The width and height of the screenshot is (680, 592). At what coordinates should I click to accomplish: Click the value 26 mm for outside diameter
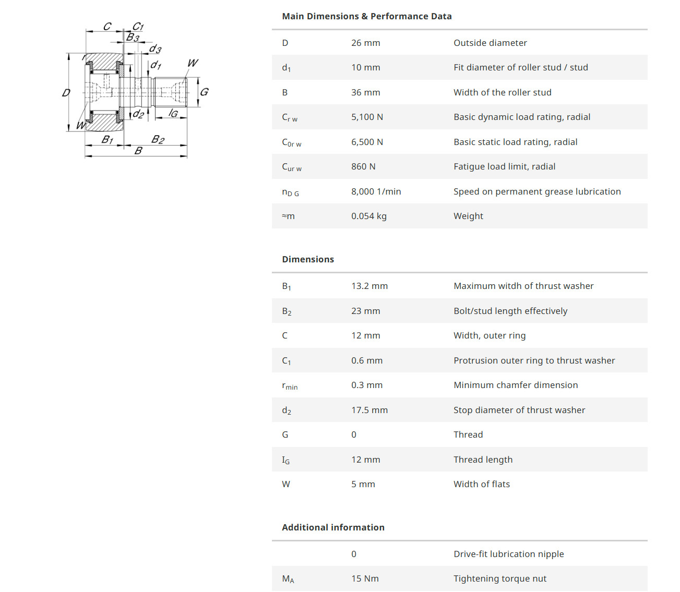(x=365, y=43)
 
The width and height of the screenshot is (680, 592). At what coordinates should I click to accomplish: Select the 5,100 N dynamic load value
(x=367, y=117)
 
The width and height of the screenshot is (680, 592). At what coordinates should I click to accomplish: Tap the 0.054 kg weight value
(x=368, y=216)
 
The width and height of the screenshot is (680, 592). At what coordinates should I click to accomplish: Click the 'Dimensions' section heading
(x=308, y=259)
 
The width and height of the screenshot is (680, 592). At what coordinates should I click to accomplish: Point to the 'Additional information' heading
(x=333, y=527)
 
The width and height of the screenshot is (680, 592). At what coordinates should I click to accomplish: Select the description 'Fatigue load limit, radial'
(x=504, y=166)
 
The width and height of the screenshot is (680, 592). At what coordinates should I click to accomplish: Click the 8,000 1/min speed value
(x=376, y=191)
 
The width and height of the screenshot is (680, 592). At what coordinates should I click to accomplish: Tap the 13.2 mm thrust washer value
(x=369, y=286)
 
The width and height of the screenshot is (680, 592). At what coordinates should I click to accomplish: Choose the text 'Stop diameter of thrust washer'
(x=519, y=410)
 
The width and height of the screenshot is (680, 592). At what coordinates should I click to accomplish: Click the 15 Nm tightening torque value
(x=365, y=578)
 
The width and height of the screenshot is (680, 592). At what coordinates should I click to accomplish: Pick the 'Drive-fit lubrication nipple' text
(x=508, y=554)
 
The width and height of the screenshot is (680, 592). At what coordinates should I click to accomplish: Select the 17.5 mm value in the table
(x=369, y=410)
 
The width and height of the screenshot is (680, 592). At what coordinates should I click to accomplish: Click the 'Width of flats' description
(x=482, y=484)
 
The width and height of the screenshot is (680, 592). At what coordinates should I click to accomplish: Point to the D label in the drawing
(x=66, y=93)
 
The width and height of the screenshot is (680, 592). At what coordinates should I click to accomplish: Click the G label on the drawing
(x=204, y=92)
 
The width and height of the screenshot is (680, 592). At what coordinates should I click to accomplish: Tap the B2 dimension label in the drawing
(x=158, y=139)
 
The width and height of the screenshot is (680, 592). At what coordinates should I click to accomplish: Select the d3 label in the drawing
(x=155, y=49)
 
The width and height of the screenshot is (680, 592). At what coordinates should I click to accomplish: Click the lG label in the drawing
(x=173, y=113)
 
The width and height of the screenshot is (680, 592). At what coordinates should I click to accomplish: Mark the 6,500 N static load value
(x=367, y=142)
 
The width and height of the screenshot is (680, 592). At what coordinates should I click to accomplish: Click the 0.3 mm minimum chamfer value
(x=367, y=385)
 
